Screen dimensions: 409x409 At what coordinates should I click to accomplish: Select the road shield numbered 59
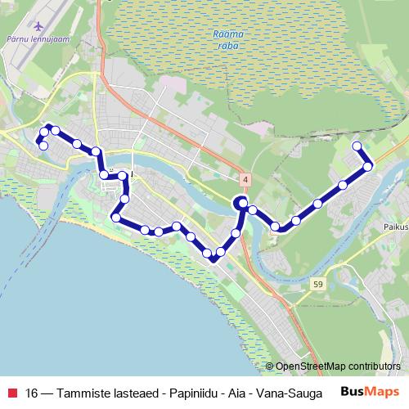point(317,283)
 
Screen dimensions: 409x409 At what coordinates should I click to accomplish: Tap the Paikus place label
point(393,218)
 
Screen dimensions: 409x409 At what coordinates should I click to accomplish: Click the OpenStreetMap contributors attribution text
point(338,366)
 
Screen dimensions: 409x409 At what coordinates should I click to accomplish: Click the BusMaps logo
point(369,391)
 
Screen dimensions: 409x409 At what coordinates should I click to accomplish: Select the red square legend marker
point(12,392)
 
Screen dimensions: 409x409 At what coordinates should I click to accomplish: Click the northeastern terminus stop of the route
point(357,146)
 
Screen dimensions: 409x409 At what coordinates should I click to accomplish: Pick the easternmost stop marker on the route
point(368,166)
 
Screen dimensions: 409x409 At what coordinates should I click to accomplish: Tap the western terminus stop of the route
point(43,146)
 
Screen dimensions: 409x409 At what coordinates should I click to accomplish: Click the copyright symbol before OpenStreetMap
point(271,366)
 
